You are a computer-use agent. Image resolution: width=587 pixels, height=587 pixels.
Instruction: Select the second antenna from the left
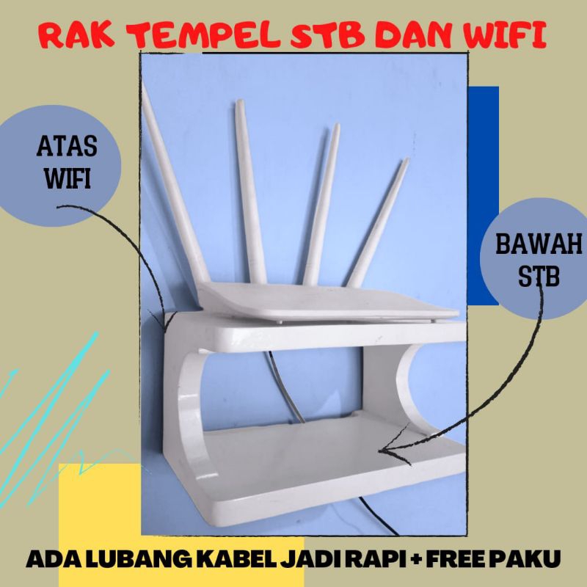(x=249, y=191)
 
